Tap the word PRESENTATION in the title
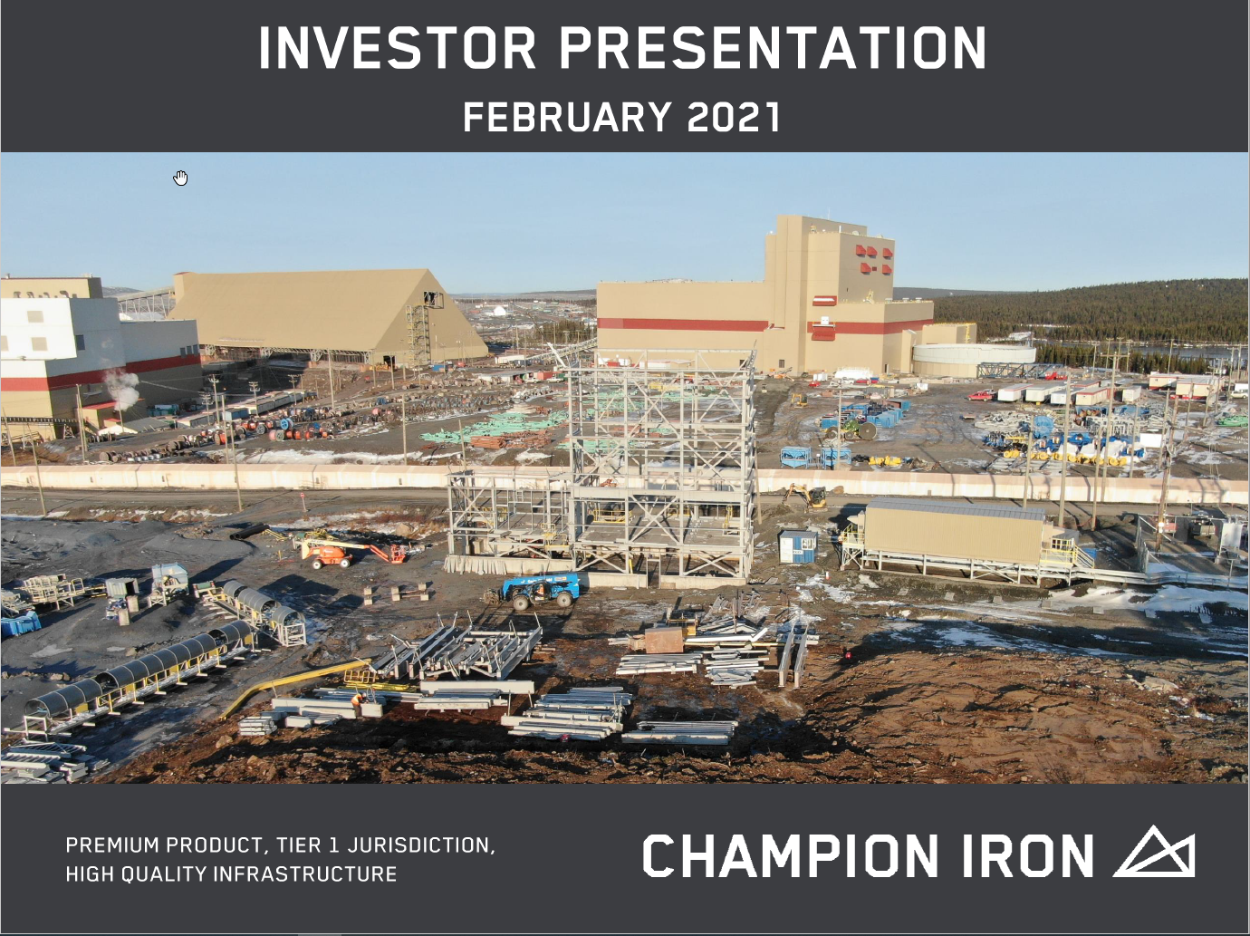[x=773, y=48]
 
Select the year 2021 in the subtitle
[x=734, y=117]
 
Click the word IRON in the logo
[x=1028, y=855]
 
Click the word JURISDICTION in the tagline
[x=421, y=845]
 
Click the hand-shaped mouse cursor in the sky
[x=180, y=178]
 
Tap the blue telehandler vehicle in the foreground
[x=540, y=590]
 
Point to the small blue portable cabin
[x=798, y=546]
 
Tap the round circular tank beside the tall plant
[x=974, y=359]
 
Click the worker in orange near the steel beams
[x=357, y=702]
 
